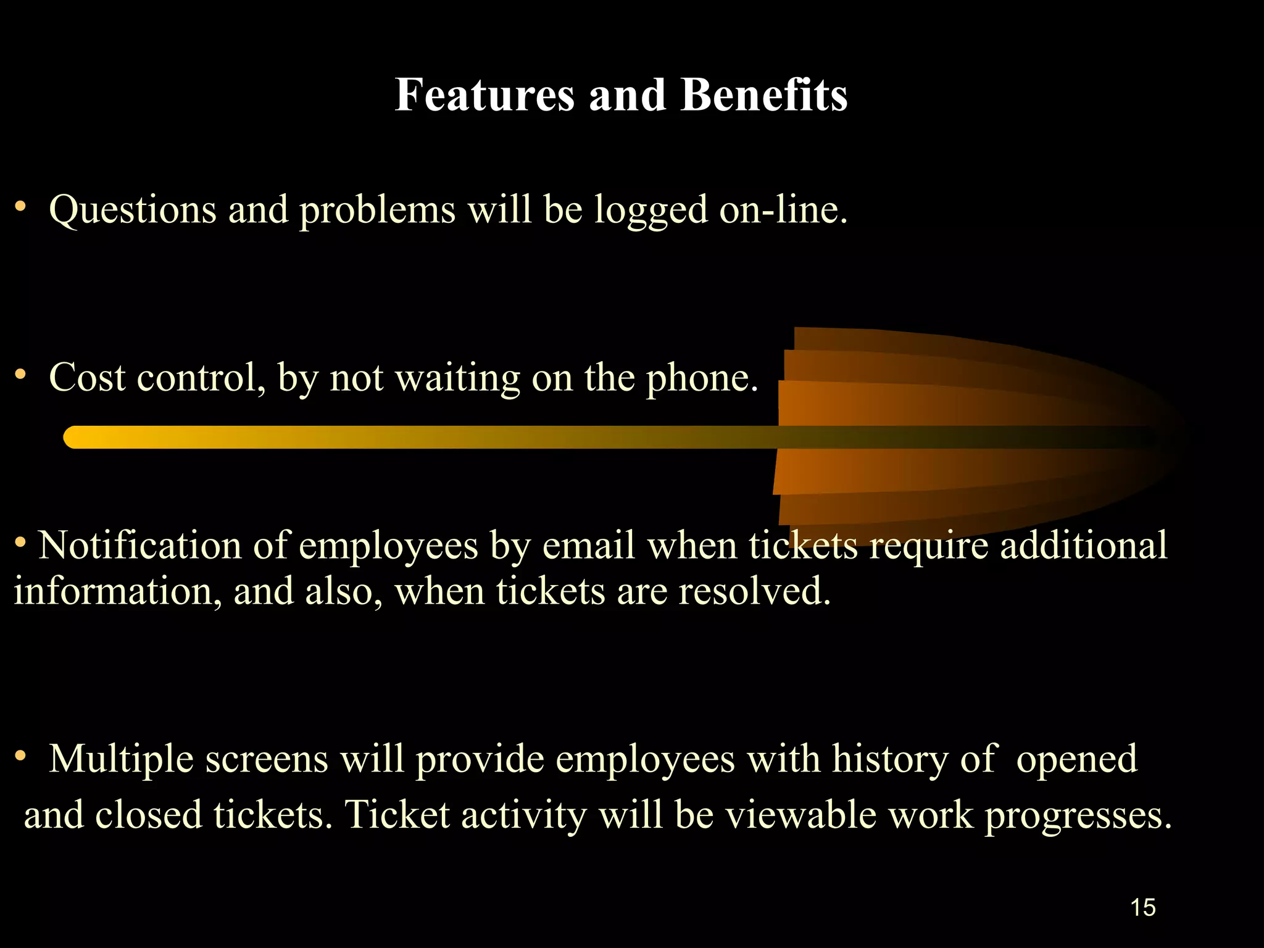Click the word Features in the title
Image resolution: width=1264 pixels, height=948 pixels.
coord(484,96)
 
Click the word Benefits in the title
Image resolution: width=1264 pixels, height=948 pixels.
coord(764,96)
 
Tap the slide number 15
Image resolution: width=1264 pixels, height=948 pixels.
coord(1142,907)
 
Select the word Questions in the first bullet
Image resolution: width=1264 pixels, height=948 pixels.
coord(133,210)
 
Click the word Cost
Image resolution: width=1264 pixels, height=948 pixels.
coord(87,377)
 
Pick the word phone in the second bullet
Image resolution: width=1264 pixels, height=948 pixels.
coord(701,378)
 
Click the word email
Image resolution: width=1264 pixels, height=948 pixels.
coord(589,546)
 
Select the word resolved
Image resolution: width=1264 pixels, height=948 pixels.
coord(754,591)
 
